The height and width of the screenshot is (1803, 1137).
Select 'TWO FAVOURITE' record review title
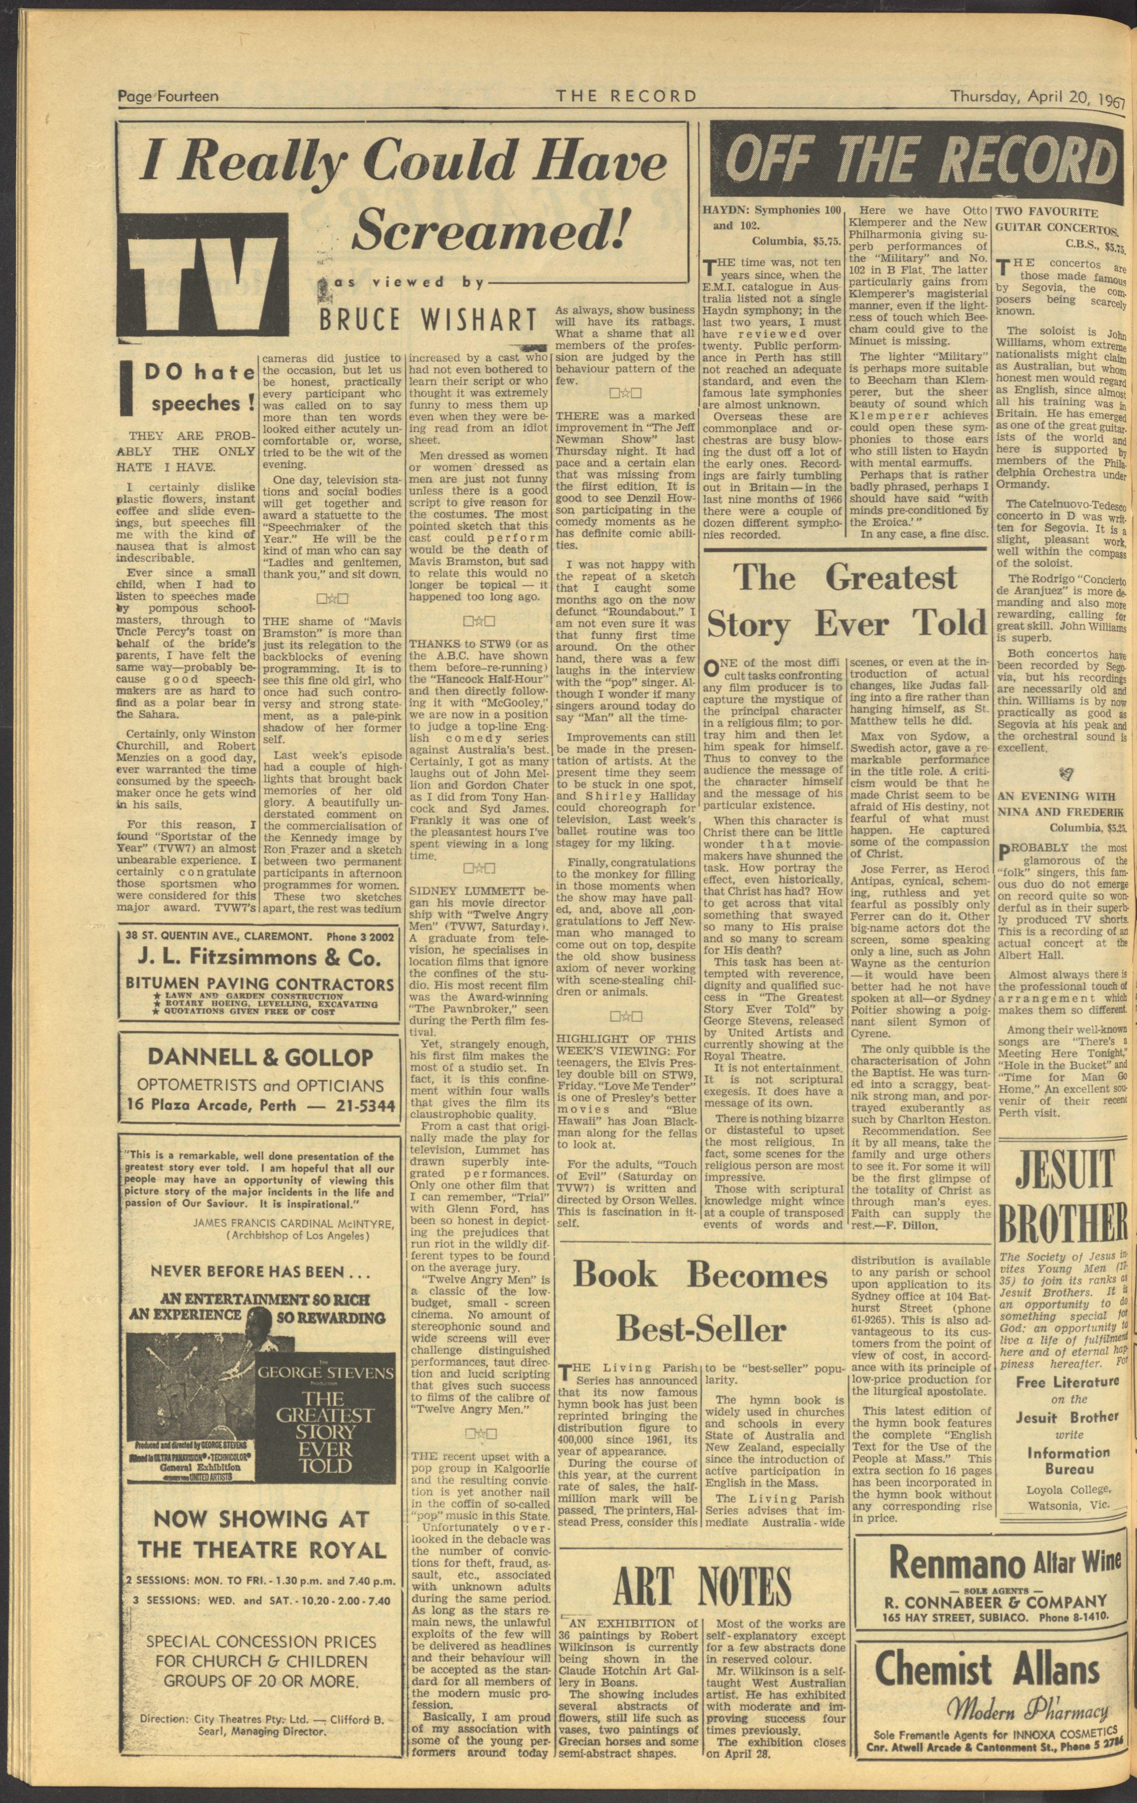1046,213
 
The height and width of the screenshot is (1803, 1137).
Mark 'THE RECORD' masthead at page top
626,96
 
